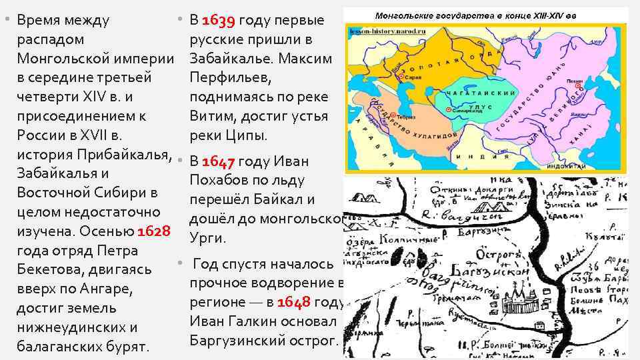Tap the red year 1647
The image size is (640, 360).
219,161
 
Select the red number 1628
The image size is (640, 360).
155,231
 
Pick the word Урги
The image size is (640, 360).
209,238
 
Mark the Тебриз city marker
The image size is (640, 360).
393,115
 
